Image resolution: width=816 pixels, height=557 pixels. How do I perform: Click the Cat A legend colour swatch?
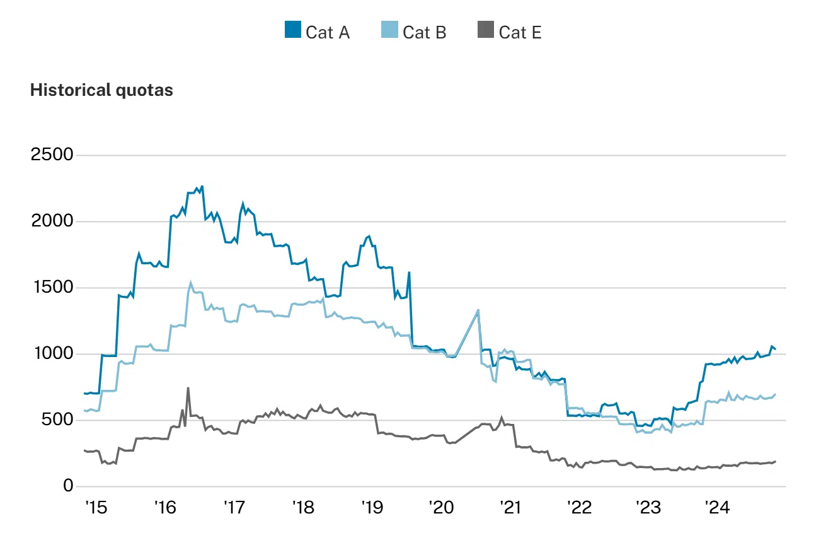[293, 30]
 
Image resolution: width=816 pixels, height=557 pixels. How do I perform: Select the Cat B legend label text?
[424, 32]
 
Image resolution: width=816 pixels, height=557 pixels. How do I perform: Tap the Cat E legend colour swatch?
[486, 30]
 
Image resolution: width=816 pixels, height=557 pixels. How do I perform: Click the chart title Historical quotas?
[101, 90]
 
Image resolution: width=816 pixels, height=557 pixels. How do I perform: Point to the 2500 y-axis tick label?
[52, 155]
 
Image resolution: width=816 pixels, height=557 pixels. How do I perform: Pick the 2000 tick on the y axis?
[52, 221]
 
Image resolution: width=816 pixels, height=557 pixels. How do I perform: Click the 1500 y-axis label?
[52, 288]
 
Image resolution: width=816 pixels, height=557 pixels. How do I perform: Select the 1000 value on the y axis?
[52, 354]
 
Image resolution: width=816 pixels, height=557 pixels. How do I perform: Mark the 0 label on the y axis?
[68, 486]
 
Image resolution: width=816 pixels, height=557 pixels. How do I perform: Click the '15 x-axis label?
[95, 508]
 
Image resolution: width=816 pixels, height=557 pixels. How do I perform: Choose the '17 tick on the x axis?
[234, 508]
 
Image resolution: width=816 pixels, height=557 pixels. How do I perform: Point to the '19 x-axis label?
[372, 508]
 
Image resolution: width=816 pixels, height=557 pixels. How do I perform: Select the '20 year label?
[440, 508]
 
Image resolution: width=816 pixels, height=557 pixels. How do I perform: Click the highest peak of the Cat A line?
[202, 186]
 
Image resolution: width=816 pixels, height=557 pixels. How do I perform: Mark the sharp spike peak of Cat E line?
[188, 388]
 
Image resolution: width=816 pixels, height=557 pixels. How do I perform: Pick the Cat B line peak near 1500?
[190, 283]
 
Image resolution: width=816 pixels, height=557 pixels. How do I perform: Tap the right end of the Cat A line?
[775, 349]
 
